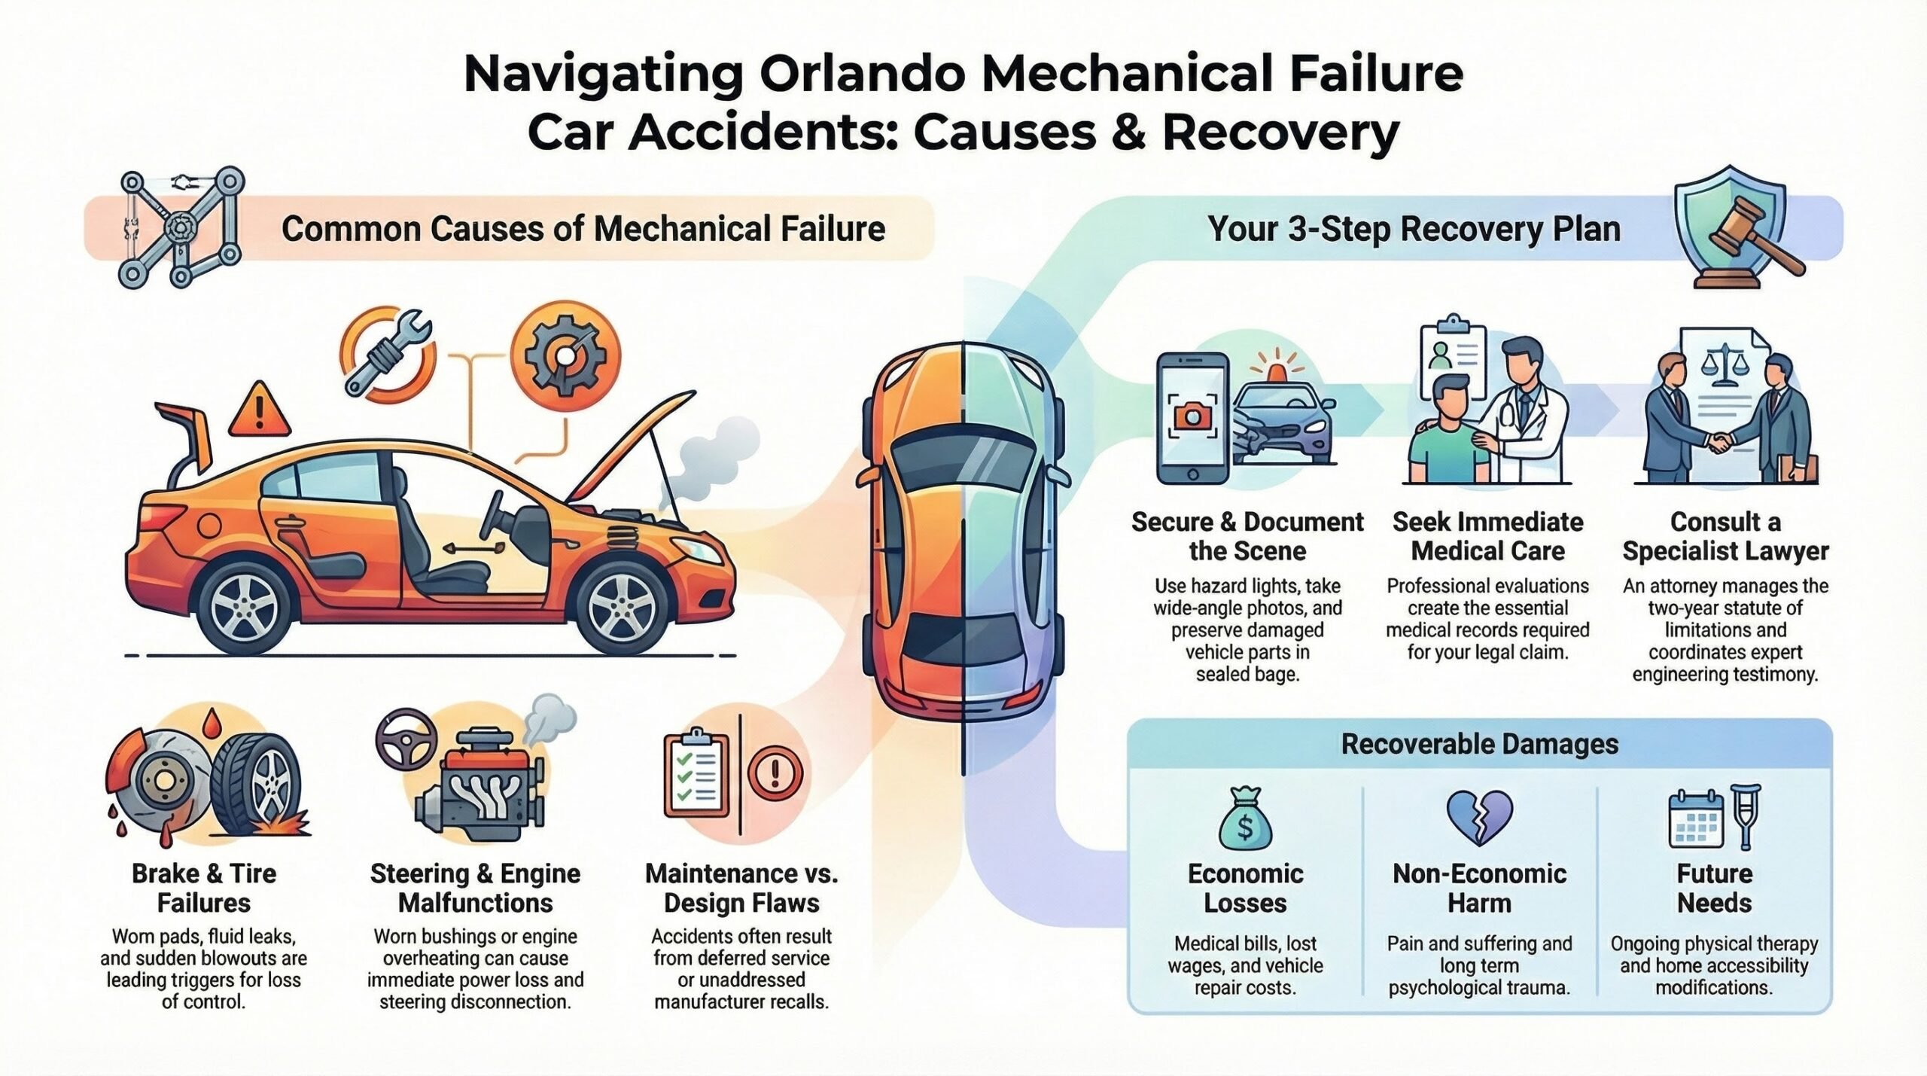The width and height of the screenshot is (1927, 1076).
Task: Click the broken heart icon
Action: point(1479,818)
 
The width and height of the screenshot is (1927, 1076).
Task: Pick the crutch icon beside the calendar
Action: point(1746,818)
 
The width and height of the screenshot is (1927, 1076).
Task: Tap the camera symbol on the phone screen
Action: point(1192,416)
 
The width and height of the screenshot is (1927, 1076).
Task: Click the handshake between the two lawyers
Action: point(1722,442)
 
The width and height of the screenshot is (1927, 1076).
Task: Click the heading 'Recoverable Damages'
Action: point(1480,744)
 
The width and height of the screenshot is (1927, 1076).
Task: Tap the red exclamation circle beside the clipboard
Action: point(775,773)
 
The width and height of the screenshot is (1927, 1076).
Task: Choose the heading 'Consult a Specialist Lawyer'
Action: point(1725,536)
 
